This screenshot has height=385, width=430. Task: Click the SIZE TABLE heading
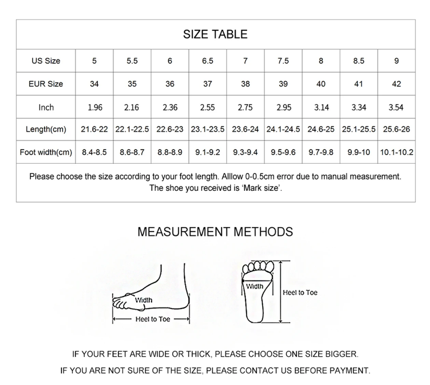[x=215, y=35]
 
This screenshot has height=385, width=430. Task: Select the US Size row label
[x=46, y=61]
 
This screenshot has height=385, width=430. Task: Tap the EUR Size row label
[x=46, y=84]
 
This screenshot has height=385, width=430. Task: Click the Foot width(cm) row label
[x=46, y=152]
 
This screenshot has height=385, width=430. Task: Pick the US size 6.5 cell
[x=207, y=61]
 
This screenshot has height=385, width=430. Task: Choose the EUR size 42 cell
[x=396, y=84]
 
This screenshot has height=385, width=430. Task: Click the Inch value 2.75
[x=245, y=107]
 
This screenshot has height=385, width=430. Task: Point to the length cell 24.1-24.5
[x=283, y=130]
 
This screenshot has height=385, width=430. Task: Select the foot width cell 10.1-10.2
[x=396, y=152]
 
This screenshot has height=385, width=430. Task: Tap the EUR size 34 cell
[x=94, y=84]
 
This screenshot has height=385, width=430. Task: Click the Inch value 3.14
[x=321, y=107]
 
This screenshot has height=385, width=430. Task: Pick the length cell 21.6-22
[x=94, y=130]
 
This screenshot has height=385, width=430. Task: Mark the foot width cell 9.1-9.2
[x=207, y=152]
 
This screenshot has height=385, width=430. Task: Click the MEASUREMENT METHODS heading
[x=215, y=232]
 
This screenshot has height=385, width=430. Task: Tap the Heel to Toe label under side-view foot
[x=152, y=319]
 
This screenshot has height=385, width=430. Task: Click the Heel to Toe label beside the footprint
[x=300, y=292]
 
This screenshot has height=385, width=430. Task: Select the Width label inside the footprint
[x=255, y=286]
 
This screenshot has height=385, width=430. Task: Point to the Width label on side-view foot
[x=143, y=300]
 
